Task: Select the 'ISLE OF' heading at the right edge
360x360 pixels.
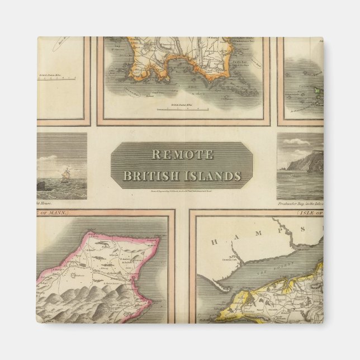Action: pyautogui.click(x=309, y=213)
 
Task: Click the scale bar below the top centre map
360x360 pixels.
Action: pyautogui.click(x=179, y=108)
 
